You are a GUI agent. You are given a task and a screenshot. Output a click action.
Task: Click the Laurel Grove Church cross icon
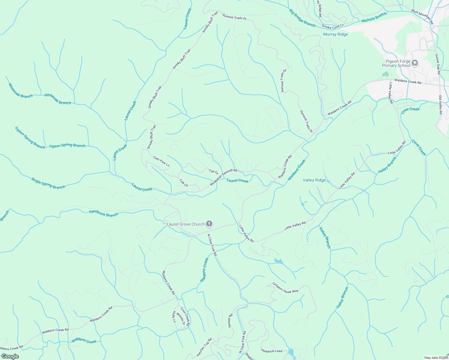pyautogui.click(x=209, y=224)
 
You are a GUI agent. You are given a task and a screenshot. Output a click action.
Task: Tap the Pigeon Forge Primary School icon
pyautogui.click(x=415, y=63)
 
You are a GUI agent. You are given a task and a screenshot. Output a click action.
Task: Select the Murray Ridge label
pyautogui.click(x=336, y=34)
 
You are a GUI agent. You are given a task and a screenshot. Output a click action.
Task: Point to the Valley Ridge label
pyautogui.click(x=314, y=180)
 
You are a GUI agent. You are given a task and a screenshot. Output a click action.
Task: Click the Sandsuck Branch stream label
pyautogui.click(x=104, y=213)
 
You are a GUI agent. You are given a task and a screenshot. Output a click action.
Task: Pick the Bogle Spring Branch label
pyautogui.click(x=48, y=183)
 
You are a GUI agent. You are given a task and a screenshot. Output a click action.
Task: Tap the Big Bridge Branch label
pyautogui.click(x=302, y=18)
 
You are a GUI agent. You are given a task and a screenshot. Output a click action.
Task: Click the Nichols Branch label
pyautogui.click(x=374, y=18)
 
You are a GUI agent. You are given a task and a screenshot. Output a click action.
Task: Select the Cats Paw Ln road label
pyautogui.click(x=161, y=161)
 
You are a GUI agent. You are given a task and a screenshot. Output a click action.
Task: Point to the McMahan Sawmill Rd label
pyautogui.click(x=224, y=177)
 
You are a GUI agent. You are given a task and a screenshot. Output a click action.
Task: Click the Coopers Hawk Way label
pyautogui.click(x=285, y=287)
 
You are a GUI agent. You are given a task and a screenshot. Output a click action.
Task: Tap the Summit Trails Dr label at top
pyautogui.click(x=234, y=16)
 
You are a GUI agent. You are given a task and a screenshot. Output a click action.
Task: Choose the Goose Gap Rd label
pyautogui.click(x=438, y=64)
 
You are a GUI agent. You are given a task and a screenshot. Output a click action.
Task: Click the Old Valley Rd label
pyautogui.click(x=441, y=105)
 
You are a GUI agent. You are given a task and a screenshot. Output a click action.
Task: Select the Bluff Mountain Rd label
pyautogui.click(x=422, y=16)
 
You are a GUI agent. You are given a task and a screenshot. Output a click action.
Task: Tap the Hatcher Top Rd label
pyautogui.click(x=204, y=347)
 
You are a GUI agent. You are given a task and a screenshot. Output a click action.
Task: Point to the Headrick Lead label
pyautogui.click(x=272, y=350)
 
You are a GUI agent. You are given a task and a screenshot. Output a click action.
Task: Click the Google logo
pyautogui.click(x=10, y=356)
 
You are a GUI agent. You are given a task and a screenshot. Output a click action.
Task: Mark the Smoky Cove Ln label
pyautogui.click(x=333, y=26)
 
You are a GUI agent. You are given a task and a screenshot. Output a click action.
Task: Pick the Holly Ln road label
pyautogui.click(x=174, y=317)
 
